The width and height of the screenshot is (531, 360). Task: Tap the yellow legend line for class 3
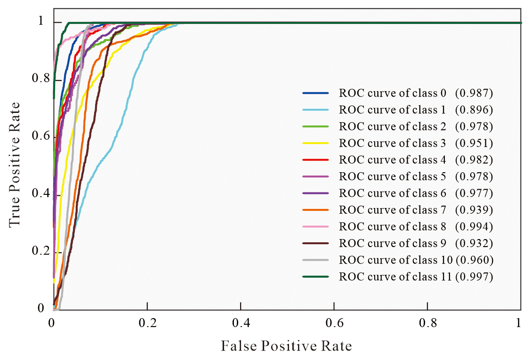[318, 143]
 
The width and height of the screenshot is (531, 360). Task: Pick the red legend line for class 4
[318, 160]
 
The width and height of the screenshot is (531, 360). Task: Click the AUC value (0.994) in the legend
[474, 227]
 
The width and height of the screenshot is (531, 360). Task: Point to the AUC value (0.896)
[474, 110]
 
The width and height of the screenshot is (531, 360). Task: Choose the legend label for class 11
[394, 277]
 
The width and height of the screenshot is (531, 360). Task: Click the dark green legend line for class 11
[318, 277]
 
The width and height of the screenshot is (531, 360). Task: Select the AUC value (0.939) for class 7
[474, 210]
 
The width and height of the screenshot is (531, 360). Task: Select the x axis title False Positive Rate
[286, 346]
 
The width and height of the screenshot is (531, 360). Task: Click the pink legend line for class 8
[318, 227]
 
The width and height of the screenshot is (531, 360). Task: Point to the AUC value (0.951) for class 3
[474, 143]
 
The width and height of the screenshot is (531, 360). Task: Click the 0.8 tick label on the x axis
[427, 324]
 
